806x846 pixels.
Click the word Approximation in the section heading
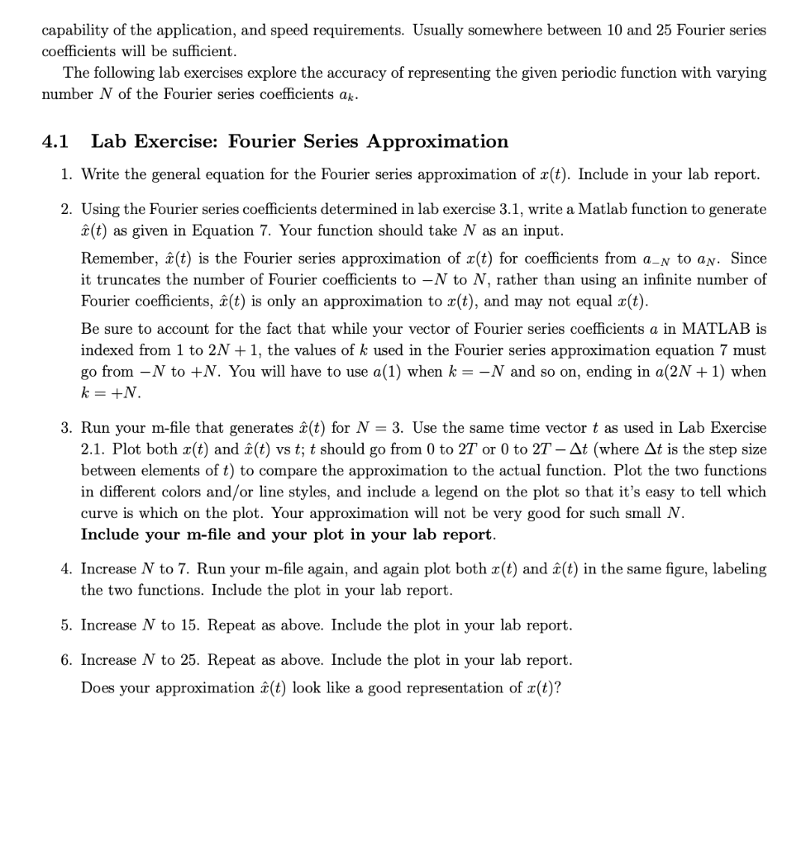point(437,141)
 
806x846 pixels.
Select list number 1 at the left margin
point(66,174)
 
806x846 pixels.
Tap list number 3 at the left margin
point(66,428)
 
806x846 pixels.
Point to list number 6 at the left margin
point(66,660)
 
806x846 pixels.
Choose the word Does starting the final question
point(98,687)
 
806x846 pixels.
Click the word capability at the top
point(77,29)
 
